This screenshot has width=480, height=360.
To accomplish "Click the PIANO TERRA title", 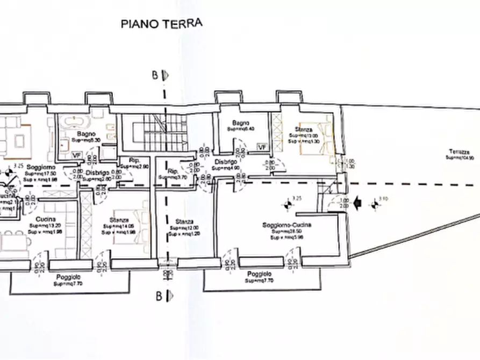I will [x=161, y=23].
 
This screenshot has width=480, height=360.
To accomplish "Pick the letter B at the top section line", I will [x=155, y=76].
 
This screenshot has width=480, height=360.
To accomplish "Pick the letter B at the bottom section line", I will [x=158, y=294].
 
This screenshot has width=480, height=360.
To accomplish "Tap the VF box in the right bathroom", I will [x=262, y=147].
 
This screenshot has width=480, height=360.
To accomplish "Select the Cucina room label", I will [x=44, y=219].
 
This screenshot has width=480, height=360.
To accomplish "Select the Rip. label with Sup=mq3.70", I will [x=173, y=171].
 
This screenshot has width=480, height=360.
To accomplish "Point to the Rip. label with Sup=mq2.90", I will [x=134, y=160].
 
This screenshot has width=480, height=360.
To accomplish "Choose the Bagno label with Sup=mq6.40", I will [x=235, y=123].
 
